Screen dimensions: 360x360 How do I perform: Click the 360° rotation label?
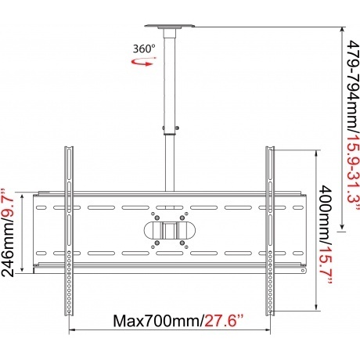(x=144, y=49)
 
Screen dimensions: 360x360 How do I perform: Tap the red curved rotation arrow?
(x=144, y=62)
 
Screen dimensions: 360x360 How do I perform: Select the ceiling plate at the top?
(x=170, y=26)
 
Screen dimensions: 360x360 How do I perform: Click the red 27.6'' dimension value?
(x=224, y=321)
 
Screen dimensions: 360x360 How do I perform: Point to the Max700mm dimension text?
(x=157, y=321)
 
